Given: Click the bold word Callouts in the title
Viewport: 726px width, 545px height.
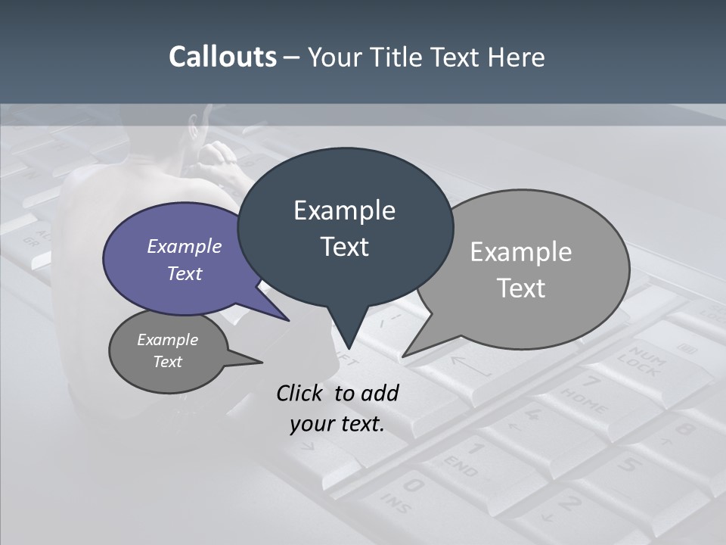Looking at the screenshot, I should click(x=222, y=58).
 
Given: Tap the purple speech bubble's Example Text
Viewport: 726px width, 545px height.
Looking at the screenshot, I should click(x=184, y=260).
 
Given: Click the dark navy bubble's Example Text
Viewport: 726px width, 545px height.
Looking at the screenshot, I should click(x=344, y=228).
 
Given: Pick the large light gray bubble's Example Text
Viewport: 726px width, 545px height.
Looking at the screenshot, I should click(x=521, y=269).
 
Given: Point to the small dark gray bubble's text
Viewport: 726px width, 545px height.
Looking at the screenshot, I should click(x=167, y=350).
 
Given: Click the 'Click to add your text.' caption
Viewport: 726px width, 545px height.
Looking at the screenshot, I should click(x=337, y=408).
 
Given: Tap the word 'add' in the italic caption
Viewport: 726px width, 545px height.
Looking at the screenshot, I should click(x=380, y=393).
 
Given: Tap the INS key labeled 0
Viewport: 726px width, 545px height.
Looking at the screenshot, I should click(x=405, y=492).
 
